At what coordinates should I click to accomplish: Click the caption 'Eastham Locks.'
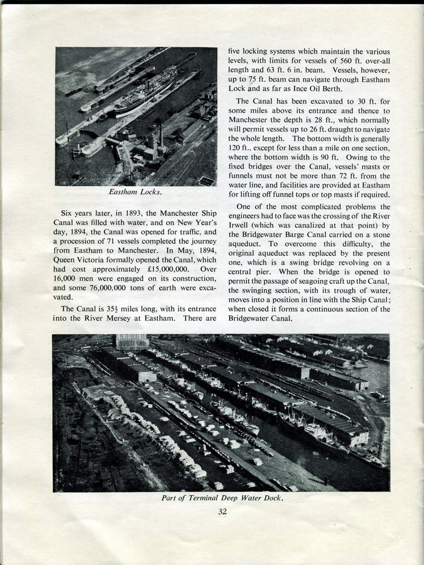[135, 192]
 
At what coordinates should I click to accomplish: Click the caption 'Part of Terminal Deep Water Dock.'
[221, 498]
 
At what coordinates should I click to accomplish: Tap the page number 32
[222, 512]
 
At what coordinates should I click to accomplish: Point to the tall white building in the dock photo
[132, 341]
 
